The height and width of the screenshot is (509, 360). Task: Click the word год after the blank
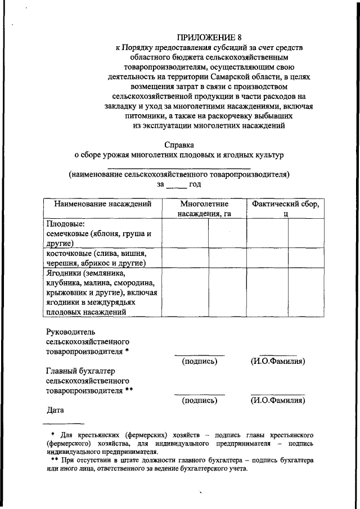(x=195, y=184)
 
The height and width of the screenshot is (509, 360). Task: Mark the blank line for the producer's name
(x=179, y=166)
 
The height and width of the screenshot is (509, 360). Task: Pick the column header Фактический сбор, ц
(x=286, y=209)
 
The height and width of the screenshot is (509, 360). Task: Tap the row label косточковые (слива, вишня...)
(x=96, y=258)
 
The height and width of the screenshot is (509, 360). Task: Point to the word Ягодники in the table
(x=63, y=273)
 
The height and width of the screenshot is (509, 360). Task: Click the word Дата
(x=55, y=410)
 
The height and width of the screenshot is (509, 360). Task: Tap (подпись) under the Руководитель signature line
(x=199, y=361)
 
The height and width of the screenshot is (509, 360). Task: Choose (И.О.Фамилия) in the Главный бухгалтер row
(x=278, y=401)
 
